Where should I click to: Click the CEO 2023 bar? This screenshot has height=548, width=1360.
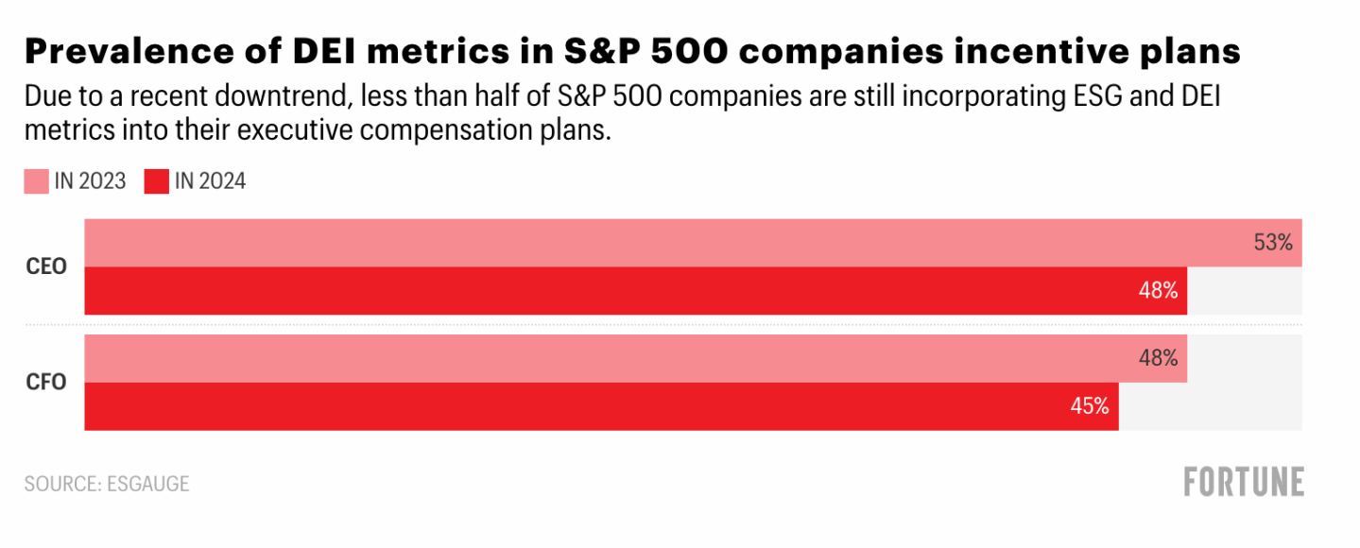[x=662, y=243]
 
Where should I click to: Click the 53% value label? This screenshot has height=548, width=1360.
[x=1272, y=243]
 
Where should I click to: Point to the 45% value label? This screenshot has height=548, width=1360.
[x=1089, y=406]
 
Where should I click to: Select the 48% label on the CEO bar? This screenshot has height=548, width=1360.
[x=1158, y=291]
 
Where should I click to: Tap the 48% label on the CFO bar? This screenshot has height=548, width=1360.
[x=1158, y=359]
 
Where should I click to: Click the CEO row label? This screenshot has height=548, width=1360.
[x=46, y=266]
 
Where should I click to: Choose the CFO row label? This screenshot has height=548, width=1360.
[x=46, y=383]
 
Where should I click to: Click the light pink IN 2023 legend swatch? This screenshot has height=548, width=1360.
[x=36, y=181]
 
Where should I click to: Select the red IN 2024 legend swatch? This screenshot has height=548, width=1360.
[x=156, y=181]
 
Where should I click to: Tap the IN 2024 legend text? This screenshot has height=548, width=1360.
[x=210, y=181]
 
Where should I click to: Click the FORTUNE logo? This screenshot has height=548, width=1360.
[x=1244, y=482]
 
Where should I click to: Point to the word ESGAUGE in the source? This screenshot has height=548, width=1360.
[x=147, y=484]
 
